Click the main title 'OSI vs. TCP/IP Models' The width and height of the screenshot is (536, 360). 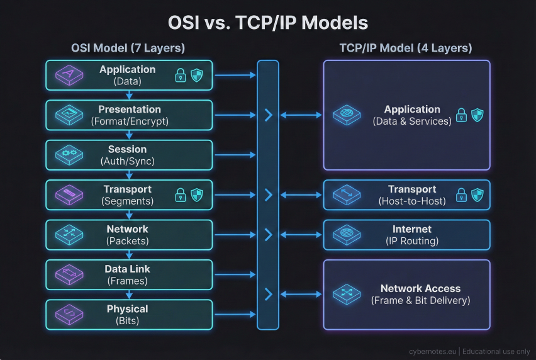pos(268,23)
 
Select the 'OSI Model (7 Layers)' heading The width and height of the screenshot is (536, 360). pos(128,48)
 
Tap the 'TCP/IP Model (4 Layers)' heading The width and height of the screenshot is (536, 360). pos(406,48)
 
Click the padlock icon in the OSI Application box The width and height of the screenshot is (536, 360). pos(181,76)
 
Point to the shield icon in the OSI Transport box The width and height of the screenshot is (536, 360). pos(196,194)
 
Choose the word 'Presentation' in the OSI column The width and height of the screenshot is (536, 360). pos(130,110)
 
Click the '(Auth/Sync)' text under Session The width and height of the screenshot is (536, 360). pos(128,161)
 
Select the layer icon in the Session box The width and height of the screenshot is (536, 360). pos(65,155)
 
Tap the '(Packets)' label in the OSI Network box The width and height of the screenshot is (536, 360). pos(127,241)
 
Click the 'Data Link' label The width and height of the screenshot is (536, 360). pos(128,269)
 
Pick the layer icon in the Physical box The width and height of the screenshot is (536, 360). pos(65,315)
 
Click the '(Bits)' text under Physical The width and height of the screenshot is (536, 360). pos(128,321)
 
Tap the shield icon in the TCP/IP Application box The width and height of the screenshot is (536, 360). pos(477,115)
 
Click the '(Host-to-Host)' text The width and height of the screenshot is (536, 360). pos(412,201)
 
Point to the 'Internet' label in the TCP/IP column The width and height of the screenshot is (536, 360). pos(412,230)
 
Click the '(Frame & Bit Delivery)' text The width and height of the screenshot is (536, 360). pos(421,301)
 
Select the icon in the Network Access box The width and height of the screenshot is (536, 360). pos(344,294)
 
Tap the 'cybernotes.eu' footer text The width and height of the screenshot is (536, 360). pos(432,352)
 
